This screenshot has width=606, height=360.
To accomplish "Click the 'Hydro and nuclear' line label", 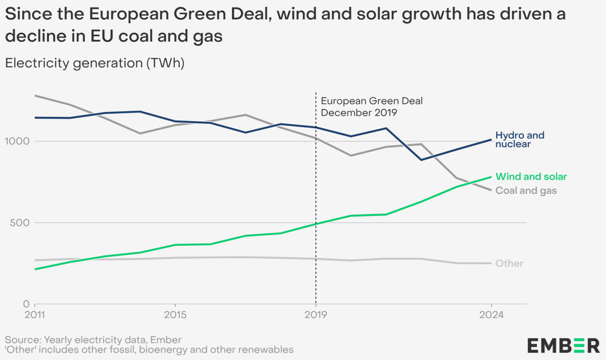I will (520, 140).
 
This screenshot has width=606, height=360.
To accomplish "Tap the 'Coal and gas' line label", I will (526, 191).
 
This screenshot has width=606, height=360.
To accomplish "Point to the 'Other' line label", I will (509, 264).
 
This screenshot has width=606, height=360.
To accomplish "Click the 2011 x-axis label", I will (35, 316).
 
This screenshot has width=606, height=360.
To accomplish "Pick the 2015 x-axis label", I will (175, 316).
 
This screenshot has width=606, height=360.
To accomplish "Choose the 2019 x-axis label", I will (316, 316).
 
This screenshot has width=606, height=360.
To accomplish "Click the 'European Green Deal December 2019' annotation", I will (372, 107).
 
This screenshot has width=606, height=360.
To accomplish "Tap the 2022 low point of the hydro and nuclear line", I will (421, 160).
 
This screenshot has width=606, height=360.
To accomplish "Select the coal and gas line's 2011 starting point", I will (35, 95).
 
